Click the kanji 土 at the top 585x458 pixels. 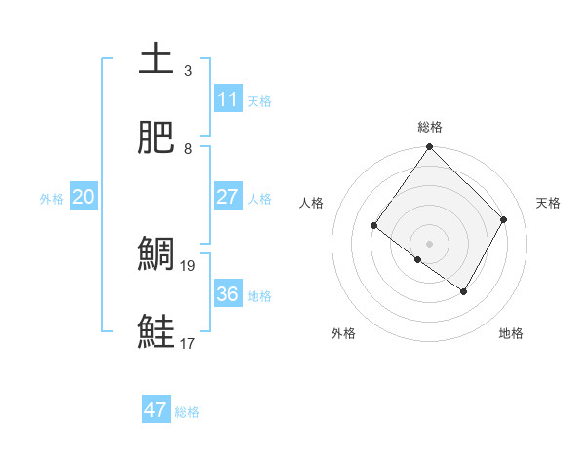[x=156, y=59]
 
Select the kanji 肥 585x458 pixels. [x=156, y=137]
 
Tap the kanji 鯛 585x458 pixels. [x=156, y=254]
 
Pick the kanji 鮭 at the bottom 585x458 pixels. [x=156, y=332]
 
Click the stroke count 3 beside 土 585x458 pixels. [x=188, y=70]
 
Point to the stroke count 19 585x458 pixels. [x=190, y=265]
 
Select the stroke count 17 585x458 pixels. [x=190, y=343]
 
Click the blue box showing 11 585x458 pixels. [x=228, y=98]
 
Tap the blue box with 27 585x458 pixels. [x=228, y=196]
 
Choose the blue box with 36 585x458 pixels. [x=228, y=293]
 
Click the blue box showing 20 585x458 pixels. [x=84, y=197]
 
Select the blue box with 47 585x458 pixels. [x=156, y=410]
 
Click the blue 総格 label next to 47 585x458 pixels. [x=188, y=412]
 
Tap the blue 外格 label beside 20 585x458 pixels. [x=52, y=199]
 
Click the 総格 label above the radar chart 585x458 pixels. [x=430, y=127]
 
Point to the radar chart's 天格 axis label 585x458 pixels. [x=548, y=203]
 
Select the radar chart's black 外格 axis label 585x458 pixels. [x=343, y=333]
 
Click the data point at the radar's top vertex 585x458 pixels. [x=430, y=147]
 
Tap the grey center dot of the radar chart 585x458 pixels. [x=430, y=243]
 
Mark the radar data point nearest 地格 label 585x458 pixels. [x=464, y=291]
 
